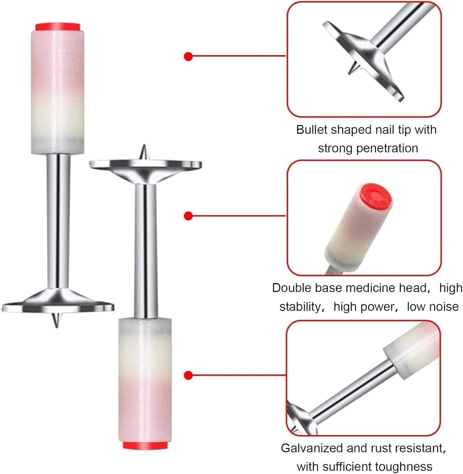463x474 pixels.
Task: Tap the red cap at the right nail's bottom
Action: (145, 445)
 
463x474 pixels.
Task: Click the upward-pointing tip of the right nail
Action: (144, 152)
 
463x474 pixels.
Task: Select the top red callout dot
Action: (188, 57)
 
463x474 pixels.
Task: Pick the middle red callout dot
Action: (188, 216)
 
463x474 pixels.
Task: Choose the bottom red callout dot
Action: (188, 375)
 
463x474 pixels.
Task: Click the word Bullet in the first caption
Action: (312, 130)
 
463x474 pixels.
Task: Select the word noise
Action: (444, 307)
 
